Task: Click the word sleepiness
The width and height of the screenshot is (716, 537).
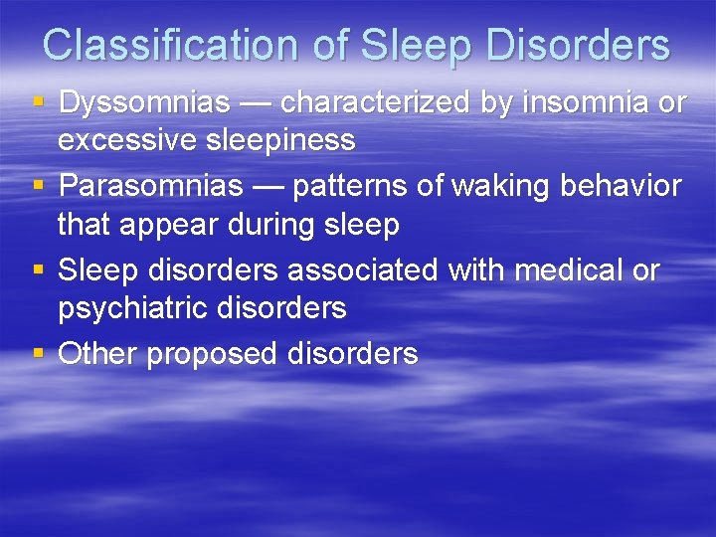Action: tap(282, 140)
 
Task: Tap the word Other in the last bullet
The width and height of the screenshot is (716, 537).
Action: tap(97, 354)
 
